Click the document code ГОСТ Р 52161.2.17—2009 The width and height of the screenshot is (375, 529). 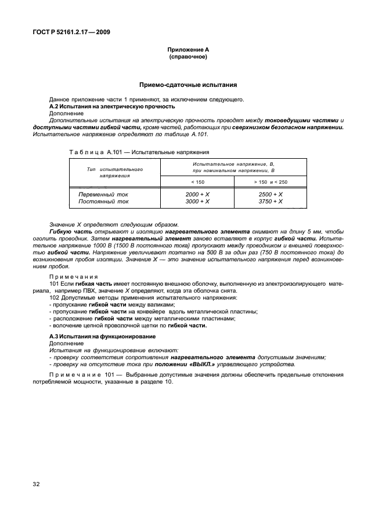pos(72,32)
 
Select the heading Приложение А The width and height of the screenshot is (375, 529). pos(187,50)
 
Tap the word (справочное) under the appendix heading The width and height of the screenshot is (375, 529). pos(187,57)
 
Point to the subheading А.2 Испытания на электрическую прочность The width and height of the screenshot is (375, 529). pos(112,107)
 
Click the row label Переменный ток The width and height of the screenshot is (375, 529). pos(103,194)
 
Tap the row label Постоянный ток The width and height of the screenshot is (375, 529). pos(103,201)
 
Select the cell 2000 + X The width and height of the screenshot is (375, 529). pos(197,194)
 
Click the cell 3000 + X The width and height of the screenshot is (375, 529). pos(197,201)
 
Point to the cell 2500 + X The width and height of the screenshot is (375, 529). pos(271,194)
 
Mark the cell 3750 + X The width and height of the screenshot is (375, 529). pos(271,201)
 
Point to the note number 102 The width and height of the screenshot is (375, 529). pos(55,297)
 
